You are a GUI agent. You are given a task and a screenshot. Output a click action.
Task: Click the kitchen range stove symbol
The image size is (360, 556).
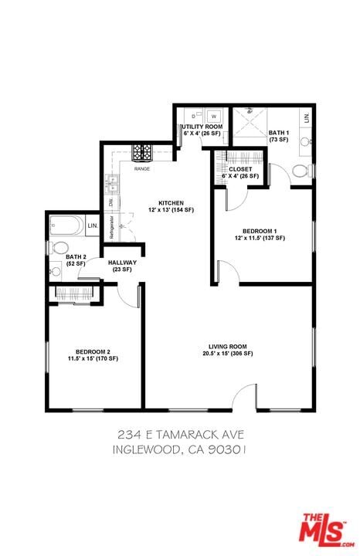pyautogui.click(x=142, y=152)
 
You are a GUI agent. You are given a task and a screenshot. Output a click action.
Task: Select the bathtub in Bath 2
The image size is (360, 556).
pyautogui.click(x=67, y=226)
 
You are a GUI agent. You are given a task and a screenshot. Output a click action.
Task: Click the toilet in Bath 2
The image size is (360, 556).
pyautogui.click(x=60, y=248)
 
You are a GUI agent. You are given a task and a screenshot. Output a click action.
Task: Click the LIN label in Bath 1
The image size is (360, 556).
pyautogui.click(x=307, y=117)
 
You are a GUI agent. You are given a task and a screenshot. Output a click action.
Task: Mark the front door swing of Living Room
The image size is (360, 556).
pyautogui.click(x=246, y=395)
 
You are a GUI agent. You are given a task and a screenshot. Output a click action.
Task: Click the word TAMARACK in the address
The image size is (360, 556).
pyautogui.click(x=185, y=435)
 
